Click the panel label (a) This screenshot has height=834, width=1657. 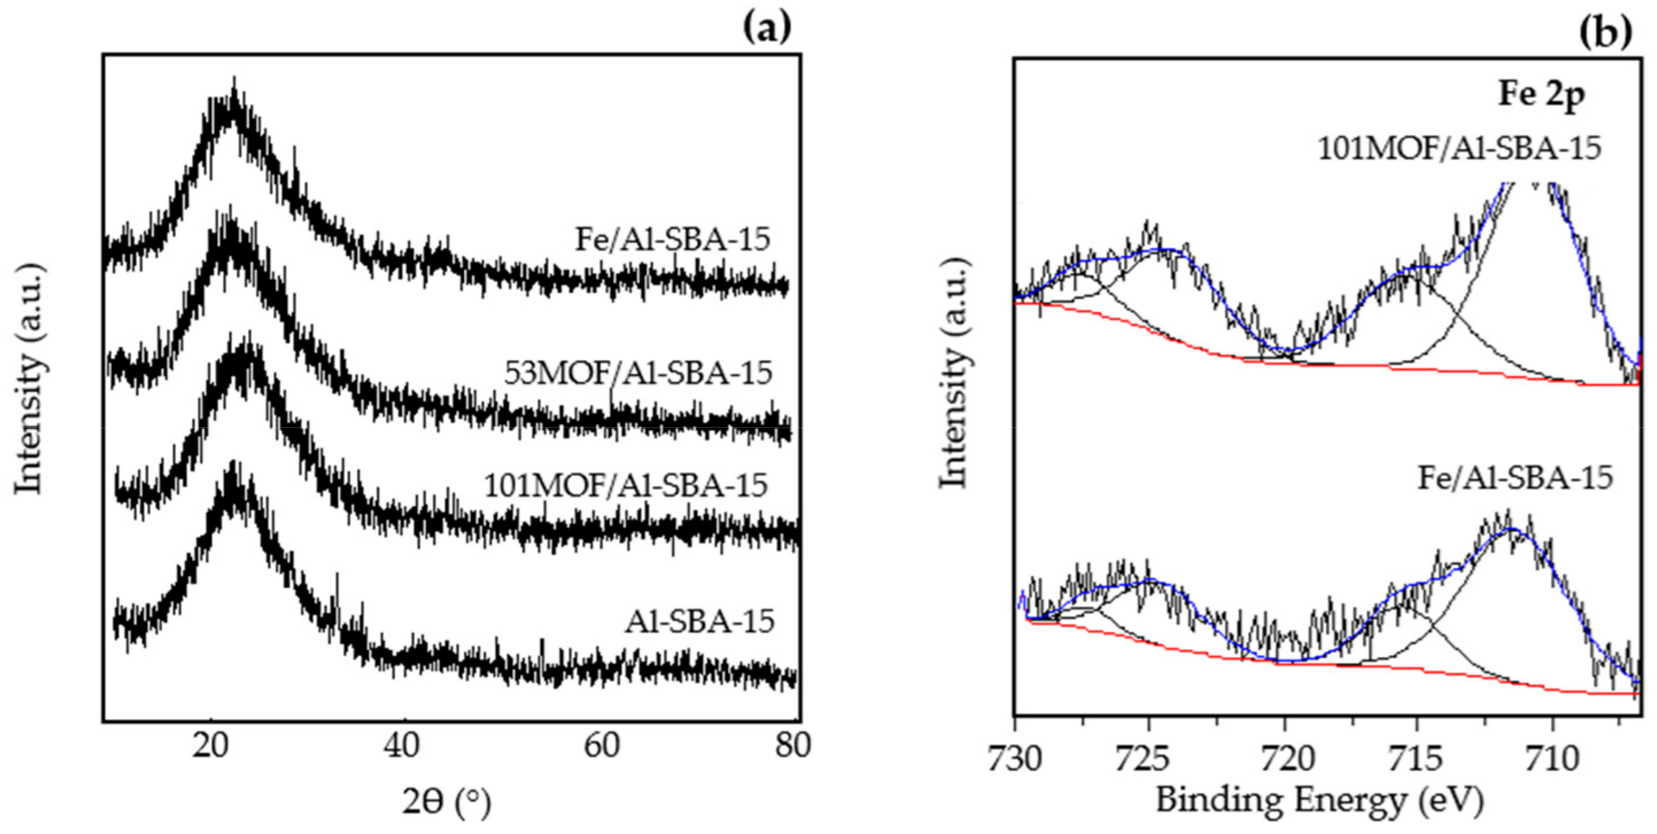pyautogui.click(x=767, y=28)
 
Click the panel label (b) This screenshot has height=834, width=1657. pyautogui.click(x=1606, y=33)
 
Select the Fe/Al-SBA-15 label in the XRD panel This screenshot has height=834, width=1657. pyautogui.click(x=672, y=239)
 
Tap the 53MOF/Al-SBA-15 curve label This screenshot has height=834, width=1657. pyautogui.click(x=638, y=372)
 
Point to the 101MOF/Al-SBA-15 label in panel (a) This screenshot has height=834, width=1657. pyautogui.click(x=625, y=485)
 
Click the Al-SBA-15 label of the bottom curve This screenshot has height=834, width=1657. pyautogui.click(x=699, y=621)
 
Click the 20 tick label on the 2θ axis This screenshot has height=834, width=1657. pyautogui.click(x=210, y=746)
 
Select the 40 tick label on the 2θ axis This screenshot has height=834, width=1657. pyautogui.click(x=404, y=746)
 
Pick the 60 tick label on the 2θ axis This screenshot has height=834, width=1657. pyautogui.click(x=601, y=746)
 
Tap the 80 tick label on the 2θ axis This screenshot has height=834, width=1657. pyautogui.click(x=792, y=746)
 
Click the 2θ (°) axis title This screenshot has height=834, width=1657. pyautogui.click(x=447, y=802)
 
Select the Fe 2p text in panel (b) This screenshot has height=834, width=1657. pyautogui.click(x=1541, y=94)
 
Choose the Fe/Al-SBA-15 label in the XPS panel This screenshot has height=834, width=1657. pyautogui.click(x=1515, y=477)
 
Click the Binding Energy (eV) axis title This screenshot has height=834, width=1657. pyautogui.click(x=1319, y=801)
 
